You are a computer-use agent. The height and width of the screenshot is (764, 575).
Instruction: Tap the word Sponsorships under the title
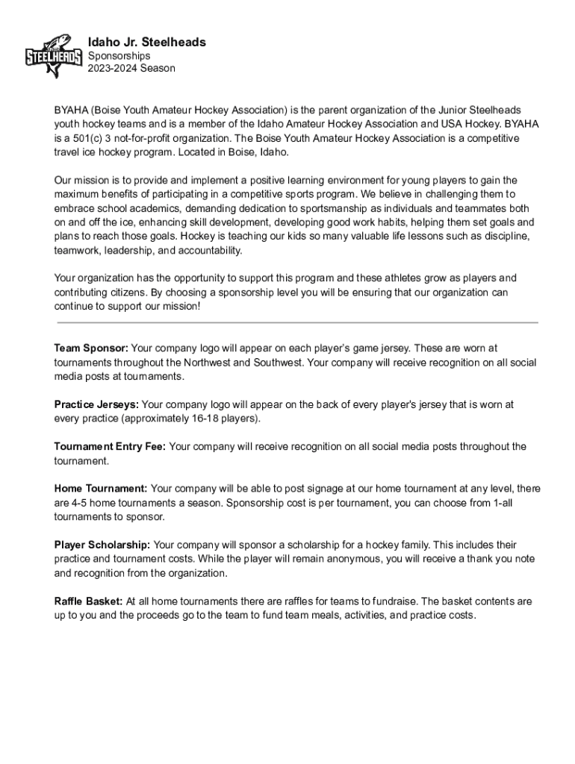tap(119, 56)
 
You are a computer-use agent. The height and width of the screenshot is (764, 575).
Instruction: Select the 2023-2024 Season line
tap(131, 68)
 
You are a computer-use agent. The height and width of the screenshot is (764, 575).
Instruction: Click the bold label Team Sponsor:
tap(91, 348)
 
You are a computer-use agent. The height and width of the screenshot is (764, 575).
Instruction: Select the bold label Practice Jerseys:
tap(96, 404)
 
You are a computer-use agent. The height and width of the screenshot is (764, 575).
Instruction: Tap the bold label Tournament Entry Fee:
tap(111, 447)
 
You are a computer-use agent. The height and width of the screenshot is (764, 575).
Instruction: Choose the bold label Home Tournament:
tap(101, 489)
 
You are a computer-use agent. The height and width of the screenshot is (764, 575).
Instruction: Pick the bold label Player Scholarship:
tap(102, 545)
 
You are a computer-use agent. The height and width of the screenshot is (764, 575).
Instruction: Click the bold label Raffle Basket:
tap(88, 601)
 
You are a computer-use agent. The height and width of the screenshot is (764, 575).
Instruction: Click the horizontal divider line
tap(298, 322)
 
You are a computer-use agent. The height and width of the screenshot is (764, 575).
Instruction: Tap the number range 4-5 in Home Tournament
tap(80, 503)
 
